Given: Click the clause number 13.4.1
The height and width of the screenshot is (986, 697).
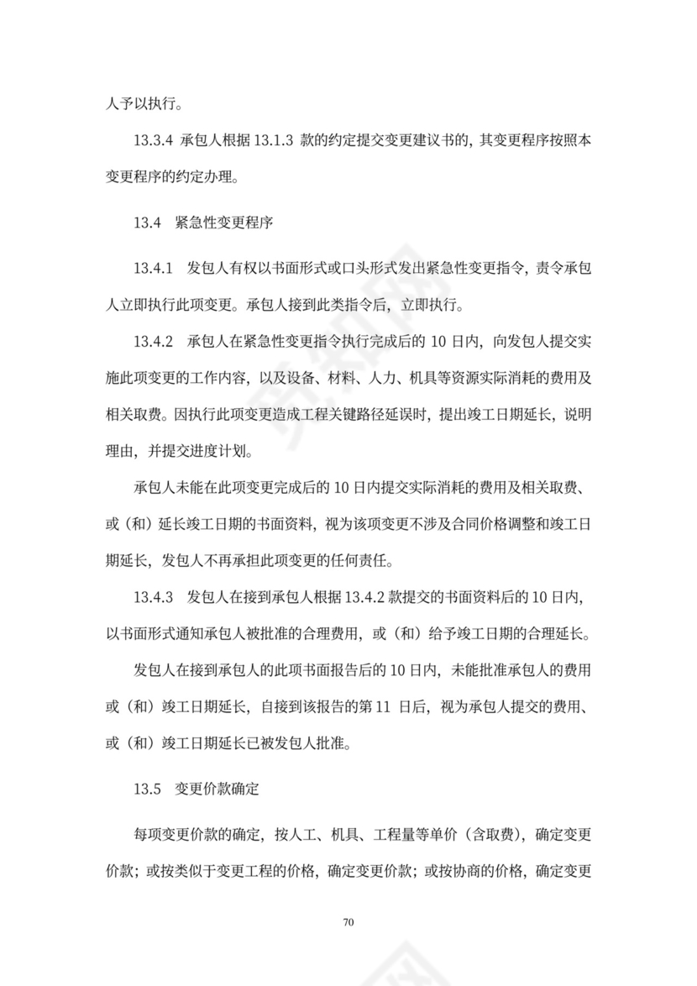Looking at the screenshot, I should point(152,269).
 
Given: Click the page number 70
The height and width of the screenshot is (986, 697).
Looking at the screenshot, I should point(349,923).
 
